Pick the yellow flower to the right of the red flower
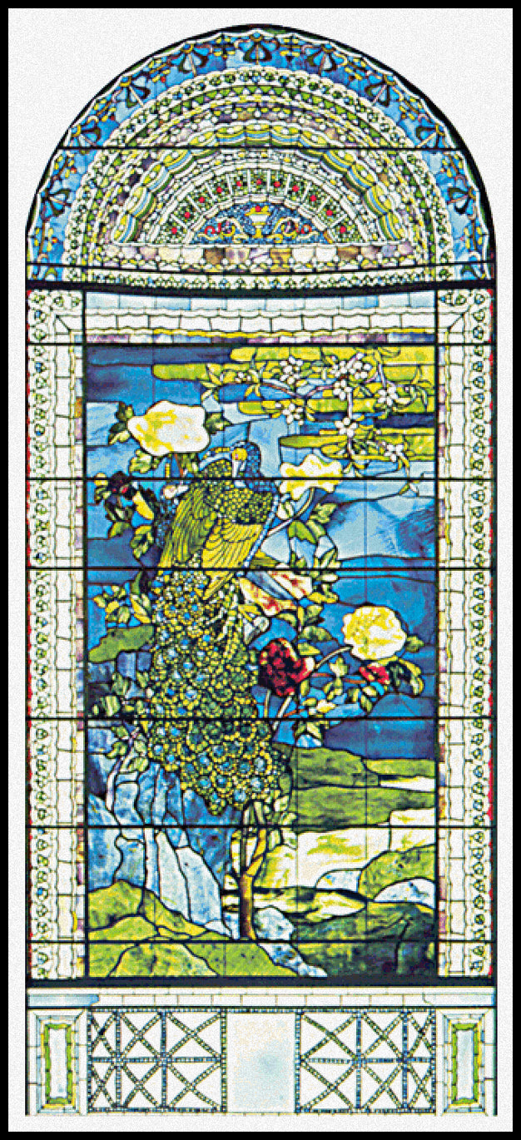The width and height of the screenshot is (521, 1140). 374,632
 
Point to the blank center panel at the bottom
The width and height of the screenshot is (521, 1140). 260,1060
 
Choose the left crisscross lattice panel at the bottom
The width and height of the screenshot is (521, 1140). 156,1060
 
